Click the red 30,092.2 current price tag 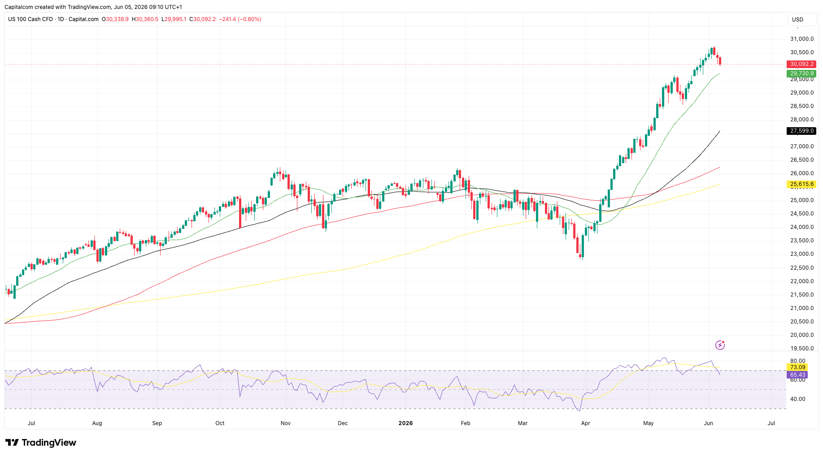801,64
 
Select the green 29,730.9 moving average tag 801,73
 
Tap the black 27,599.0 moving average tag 801,131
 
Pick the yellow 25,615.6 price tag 801,184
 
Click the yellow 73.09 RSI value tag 797,367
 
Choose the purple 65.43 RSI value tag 797,375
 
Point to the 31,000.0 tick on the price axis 802,39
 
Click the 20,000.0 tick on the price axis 802,335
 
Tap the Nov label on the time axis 286,423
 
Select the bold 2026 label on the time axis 405,423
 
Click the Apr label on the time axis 585,423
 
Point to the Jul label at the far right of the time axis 771,423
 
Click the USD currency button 797,20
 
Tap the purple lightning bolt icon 720,345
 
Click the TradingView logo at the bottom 40,443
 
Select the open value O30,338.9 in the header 115,19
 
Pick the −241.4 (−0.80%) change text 240,19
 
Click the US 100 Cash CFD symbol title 30,19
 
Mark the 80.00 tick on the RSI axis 797,361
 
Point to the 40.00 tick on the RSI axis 797,399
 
